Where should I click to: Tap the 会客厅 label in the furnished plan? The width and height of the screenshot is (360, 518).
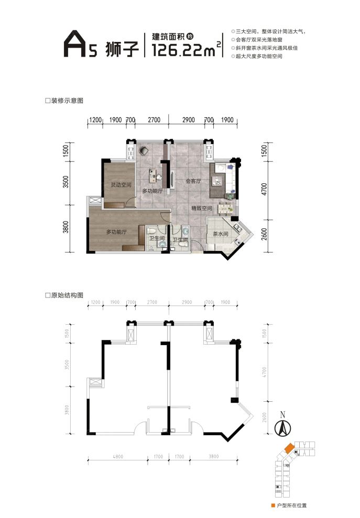(x=194, y=182)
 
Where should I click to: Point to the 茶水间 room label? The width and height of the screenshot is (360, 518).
(x=220, y=234)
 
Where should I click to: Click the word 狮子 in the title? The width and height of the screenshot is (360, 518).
(x=118, y=48)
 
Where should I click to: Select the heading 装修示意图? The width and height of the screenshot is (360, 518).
(x=67, y=101)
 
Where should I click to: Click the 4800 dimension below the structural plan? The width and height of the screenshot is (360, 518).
(x=117, y=457)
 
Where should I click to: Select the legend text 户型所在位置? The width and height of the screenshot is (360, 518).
(x=291, y=505)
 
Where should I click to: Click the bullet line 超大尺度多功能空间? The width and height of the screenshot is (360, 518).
(x=259, y=56)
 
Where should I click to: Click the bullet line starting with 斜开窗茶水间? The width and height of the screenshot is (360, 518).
(x=268, y=48)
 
